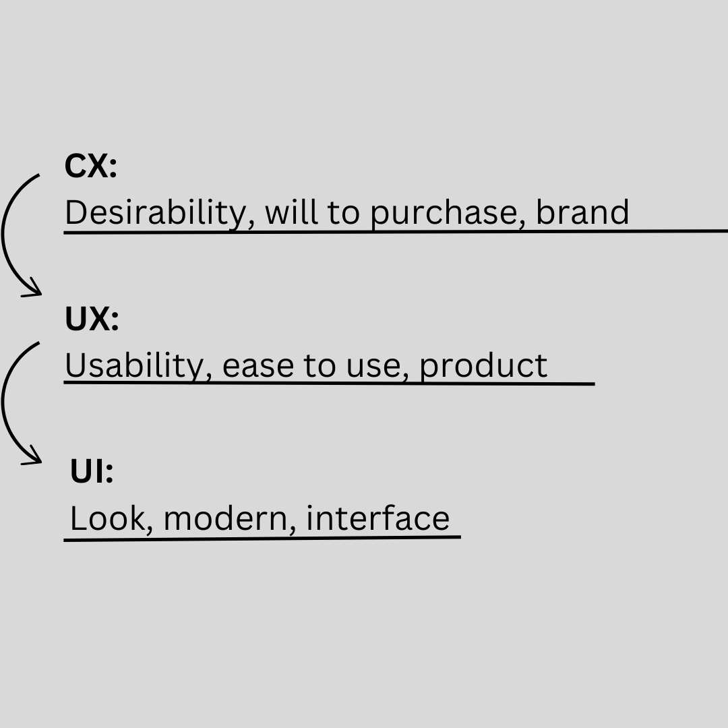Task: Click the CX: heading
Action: (91, 166)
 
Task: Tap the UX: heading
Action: (92, 319)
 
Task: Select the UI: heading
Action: (92, 472)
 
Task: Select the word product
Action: (483, 366)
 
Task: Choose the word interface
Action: (377, 518)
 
